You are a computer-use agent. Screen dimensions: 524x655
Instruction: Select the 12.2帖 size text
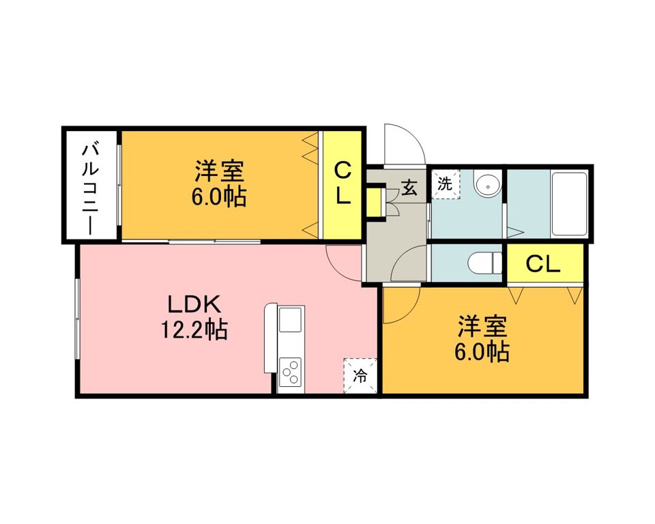194,330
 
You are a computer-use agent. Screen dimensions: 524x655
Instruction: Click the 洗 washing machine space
445,184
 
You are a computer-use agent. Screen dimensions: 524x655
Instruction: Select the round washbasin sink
486,184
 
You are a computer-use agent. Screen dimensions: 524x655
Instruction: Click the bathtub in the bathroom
568,203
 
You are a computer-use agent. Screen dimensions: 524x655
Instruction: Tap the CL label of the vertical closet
343,183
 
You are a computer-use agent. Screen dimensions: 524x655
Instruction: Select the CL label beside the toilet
544,264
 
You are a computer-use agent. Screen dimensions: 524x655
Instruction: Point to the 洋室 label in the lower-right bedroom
482,327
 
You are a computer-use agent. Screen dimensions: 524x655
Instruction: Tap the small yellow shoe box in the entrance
375,201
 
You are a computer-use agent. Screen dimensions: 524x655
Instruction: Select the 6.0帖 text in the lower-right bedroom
482,352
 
